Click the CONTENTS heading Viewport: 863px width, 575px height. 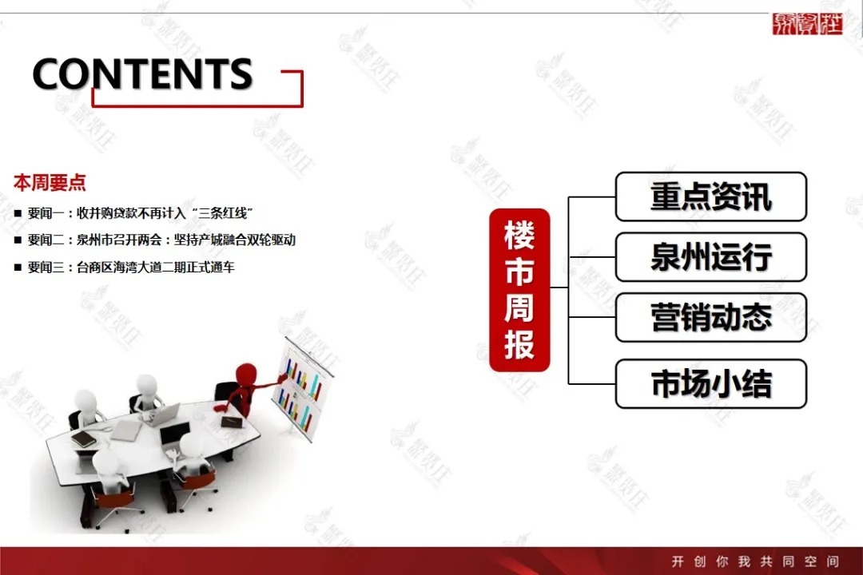142,73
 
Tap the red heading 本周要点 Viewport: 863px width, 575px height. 50,183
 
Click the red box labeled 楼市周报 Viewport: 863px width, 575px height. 519,290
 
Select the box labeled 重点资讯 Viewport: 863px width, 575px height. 710,196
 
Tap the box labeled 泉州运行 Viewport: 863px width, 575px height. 710,257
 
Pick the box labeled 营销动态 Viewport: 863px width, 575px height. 710,318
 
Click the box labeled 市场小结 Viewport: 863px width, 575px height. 710,384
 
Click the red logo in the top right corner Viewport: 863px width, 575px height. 807,24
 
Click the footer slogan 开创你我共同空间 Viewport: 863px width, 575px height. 754,561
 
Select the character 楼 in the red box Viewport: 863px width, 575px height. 519,237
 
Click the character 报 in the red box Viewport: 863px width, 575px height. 519,344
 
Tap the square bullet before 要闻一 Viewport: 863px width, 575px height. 18,214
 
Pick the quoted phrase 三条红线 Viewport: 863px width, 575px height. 223,213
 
